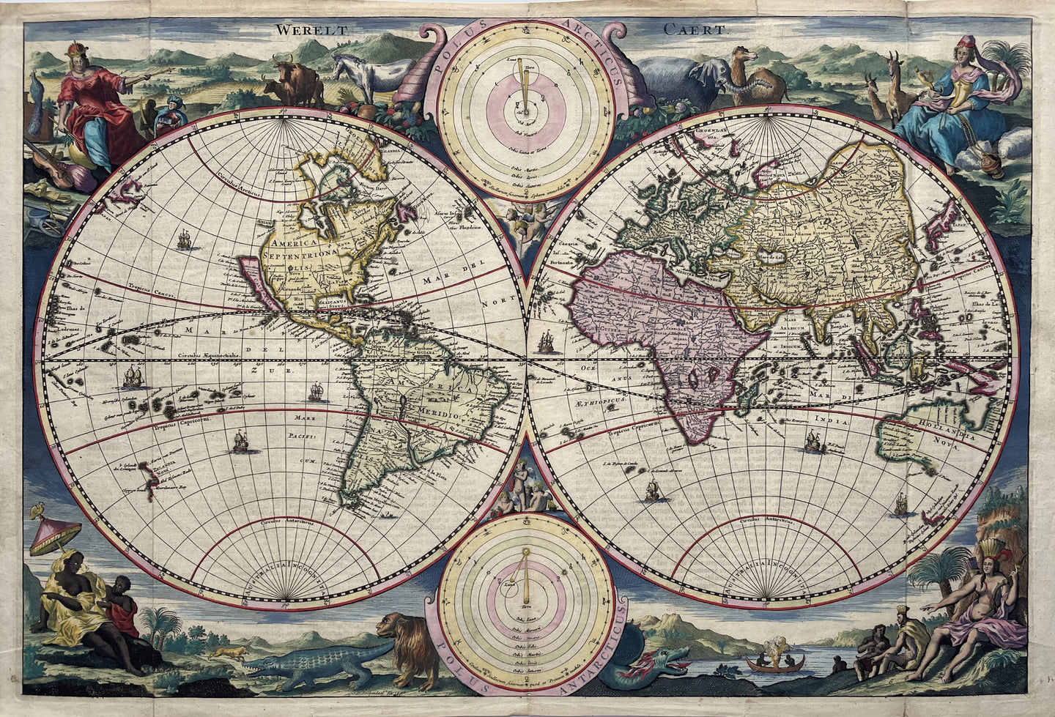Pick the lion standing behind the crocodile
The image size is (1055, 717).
(x=407, y=644)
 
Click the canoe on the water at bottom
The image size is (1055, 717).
(x=774, y=665)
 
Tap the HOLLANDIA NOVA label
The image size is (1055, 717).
(x=946, y=432)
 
